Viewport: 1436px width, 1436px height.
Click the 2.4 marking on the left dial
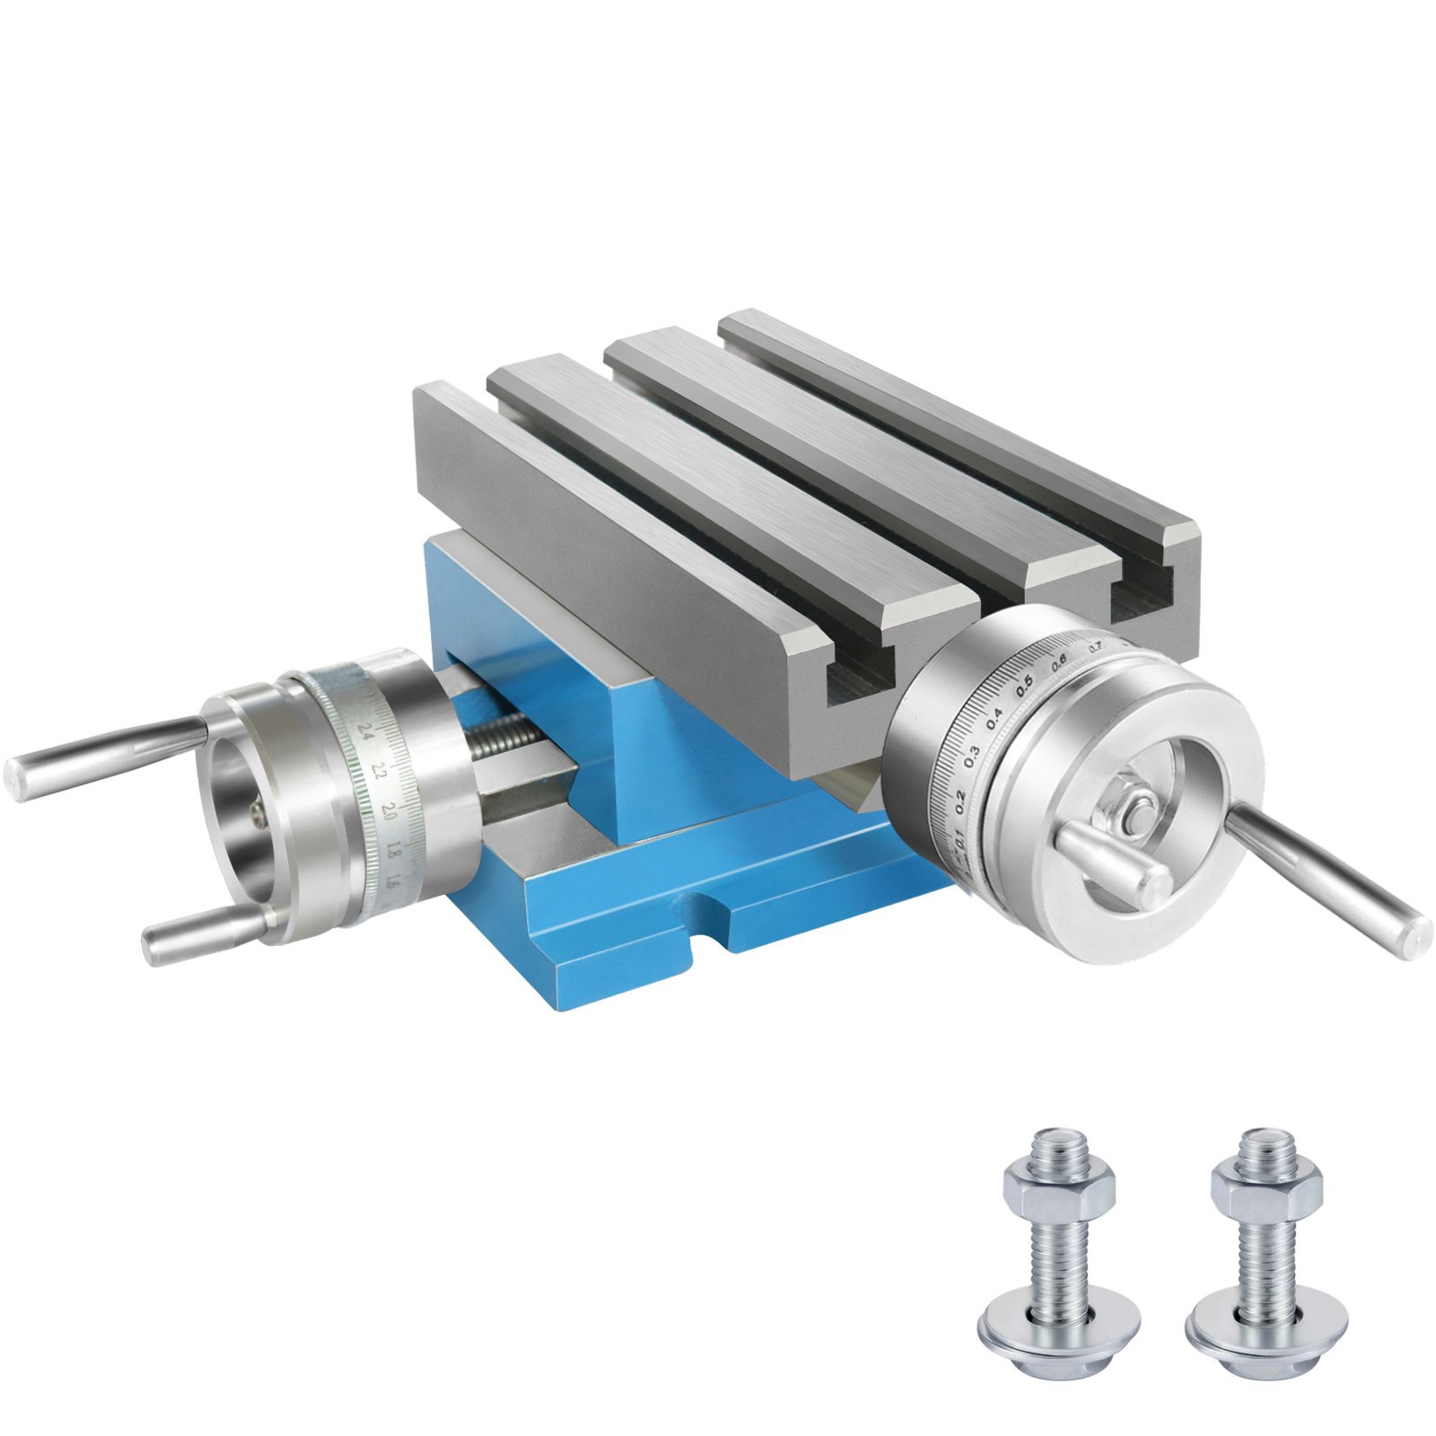[x=364, y=730]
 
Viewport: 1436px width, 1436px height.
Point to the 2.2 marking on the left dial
[x=379, y=770]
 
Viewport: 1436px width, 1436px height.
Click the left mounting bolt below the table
[x=1059, y=1256]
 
